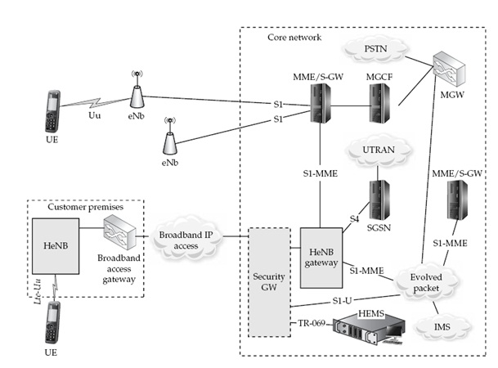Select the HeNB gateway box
pos(321,256)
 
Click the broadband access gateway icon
pos(116,241)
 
